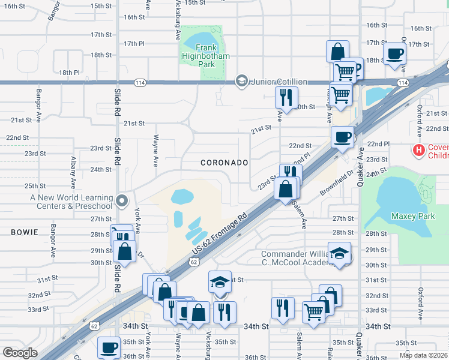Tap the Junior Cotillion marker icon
click(x=242, y=81)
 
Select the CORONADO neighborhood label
click(x=224, y=163)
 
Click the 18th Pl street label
click(x=68, y=73)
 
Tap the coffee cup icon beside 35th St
click(x=110, y=346)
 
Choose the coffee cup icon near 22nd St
click(x=342, y=137)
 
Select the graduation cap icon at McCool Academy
click(x=340, y=253)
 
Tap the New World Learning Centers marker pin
click(x=122, y=201)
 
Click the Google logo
click(x=20, y=353)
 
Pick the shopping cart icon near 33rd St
click(x=313, y=311)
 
